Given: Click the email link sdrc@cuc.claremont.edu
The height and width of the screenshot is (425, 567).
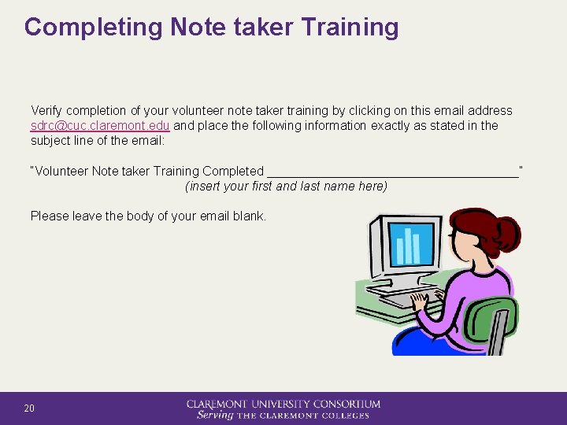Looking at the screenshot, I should (100, 126).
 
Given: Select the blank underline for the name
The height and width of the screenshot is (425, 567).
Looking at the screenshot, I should (393, 172).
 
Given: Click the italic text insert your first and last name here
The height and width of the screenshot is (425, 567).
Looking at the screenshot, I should (286, 187).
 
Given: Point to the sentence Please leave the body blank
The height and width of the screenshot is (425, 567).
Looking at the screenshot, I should (148, 216).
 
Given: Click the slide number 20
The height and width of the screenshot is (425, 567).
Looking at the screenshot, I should (29, 408).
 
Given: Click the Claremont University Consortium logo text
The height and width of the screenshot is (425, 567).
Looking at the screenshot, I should (283, 404).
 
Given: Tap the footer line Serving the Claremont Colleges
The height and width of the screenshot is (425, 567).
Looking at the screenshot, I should (283, 416).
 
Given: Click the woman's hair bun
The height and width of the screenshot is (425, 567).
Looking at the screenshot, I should (504, 231).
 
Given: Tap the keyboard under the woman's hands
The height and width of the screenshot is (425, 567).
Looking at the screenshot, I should (402, 299).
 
